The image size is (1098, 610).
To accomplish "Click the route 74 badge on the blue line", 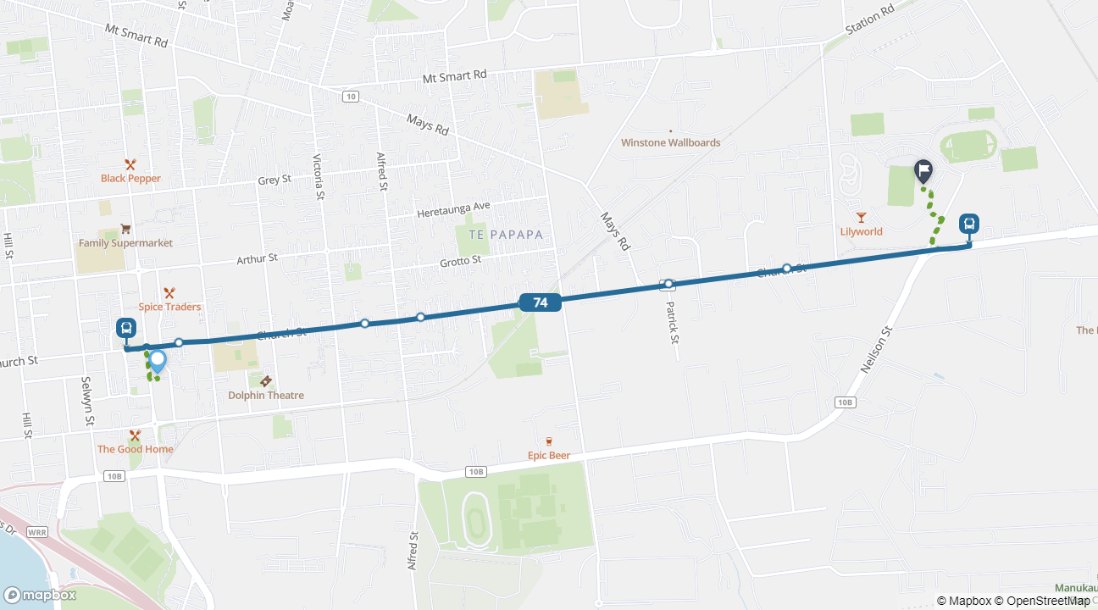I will (x=540, y=302).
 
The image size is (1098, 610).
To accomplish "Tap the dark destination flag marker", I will (x=923, y=171).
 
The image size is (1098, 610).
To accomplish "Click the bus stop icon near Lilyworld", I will (x=969, y=225).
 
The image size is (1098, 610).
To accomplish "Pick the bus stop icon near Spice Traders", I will (x=126, y=328).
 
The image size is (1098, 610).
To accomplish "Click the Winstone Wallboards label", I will (x=670, y=142).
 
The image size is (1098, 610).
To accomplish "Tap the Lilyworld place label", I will (x=861, y=231).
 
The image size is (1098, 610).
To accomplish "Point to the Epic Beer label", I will (x=548, y=455).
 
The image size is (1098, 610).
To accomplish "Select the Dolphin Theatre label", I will (x=265, y=395).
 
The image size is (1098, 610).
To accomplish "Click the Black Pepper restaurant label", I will (x=130, y=178).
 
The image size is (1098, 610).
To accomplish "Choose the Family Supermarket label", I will (x=125, y=243).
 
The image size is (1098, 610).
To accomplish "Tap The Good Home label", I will (x=135, y=449).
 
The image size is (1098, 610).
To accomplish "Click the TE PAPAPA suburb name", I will (x=499, y=234).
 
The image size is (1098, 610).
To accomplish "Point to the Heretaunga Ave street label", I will (x=453, y=210).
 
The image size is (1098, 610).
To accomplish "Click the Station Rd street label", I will (x=870, y=20).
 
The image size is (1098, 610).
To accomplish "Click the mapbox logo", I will (x=40, y=595).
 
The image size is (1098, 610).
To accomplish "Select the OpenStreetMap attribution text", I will (x=1042, y=601).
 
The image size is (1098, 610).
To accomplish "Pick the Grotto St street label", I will (x=460, y=262).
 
